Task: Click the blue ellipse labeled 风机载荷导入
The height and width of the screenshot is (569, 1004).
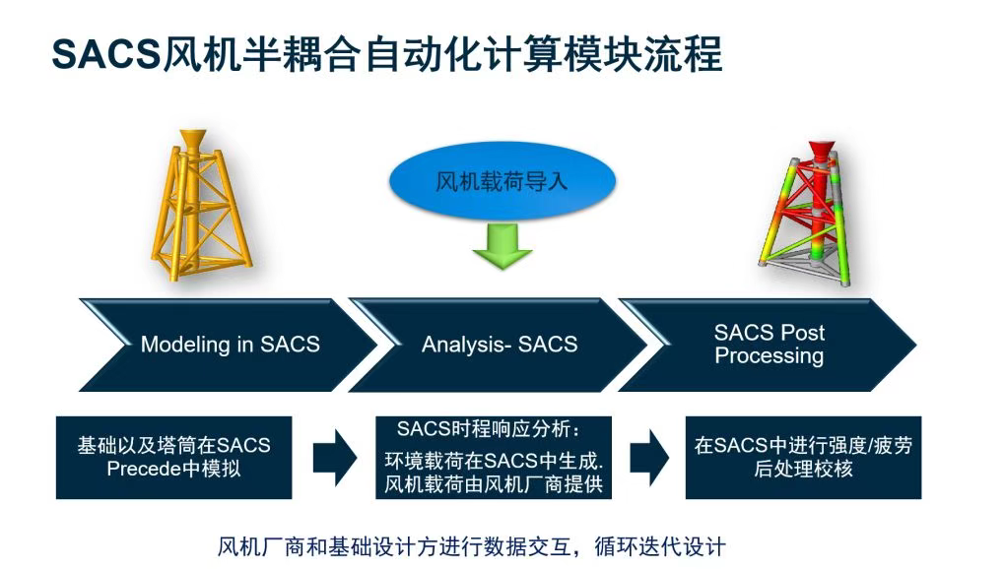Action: [502, 183]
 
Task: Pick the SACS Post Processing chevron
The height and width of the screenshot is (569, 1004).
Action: [769, 345]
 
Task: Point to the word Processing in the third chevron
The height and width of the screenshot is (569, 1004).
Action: [769, 356]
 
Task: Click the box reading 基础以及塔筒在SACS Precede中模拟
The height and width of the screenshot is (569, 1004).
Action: [173, 457]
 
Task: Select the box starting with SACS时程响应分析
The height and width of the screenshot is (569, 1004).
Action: [494, 457]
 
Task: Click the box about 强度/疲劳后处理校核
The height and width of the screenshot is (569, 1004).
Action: [803, 457]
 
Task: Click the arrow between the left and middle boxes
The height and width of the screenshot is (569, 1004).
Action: [335, 458]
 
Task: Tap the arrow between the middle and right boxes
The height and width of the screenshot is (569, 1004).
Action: [649, 458]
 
